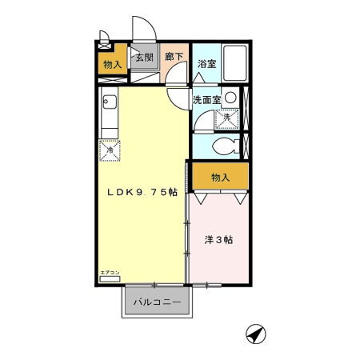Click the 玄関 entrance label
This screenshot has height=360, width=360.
[144, 58]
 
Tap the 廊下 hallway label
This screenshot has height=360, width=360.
[173, 58]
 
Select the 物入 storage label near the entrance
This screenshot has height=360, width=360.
[113, 65]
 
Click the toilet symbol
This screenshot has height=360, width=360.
[227, 146]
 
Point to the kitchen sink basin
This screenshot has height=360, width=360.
[110, 103]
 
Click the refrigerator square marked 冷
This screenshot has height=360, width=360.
[110, 148]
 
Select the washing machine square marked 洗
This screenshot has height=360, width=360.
[226, 118]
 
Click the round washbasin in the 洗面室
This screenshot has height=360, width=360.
[230, 98]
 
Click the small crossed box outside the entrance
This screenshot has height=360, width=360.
[103, 35]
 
